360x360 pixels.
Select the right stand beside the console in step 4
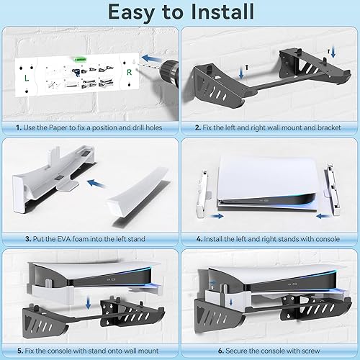pos(332,192)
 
